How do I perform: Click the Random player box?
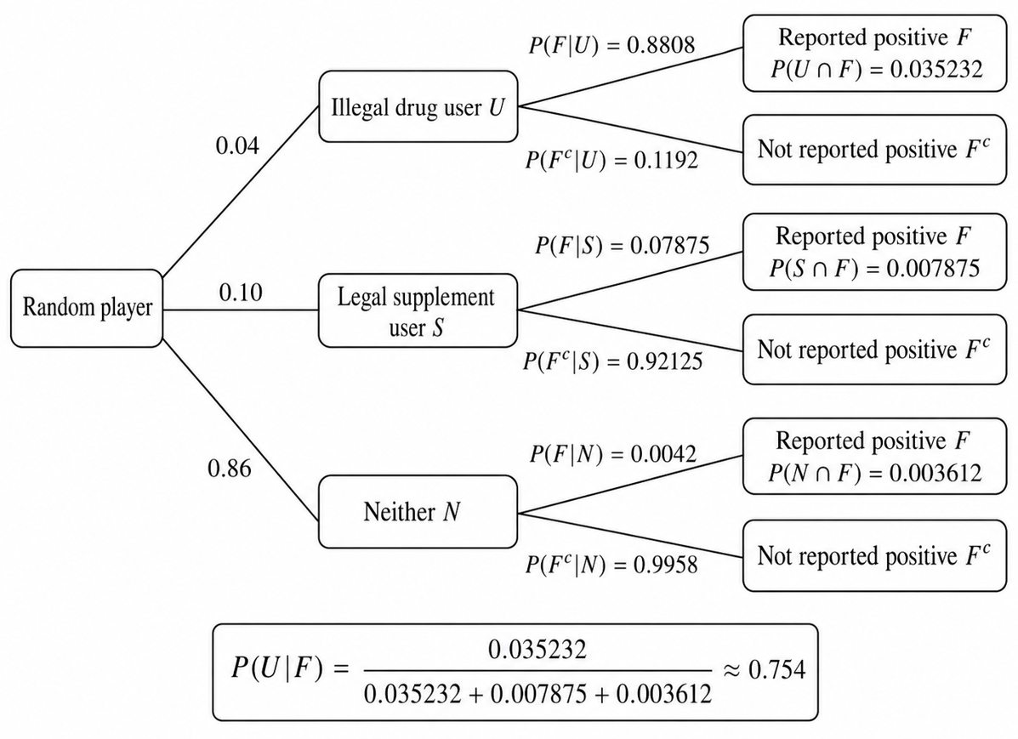87,308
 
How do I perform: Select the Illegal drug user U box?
418,106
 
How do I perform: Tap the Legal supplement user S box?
418,310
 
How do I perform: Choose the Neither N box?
418,512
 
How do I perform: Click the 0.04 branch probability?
237,146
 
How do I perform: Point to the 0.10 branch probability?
241,293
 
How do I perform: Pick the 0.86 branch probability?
229,469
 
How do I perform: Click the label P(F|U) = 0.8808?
611,45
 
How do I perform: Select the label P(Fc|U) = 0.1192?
611,160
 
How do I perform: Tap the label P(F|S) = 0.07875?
622,246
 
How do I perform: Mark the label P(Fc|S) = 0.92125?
613,361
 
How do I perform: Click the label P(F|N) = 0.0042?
613,453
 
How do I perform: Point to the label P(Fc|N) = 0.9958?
611,565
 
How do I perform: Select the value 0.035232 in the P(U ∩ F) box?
936,70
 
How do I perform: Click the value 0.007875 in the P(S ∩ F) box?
933,268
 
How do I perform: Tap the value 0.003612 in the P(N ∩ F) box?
935,473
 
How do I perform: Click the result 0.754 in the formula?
777,669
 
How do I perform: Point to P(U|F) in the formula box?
276,669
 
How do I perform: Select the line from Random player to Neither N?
240,430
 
